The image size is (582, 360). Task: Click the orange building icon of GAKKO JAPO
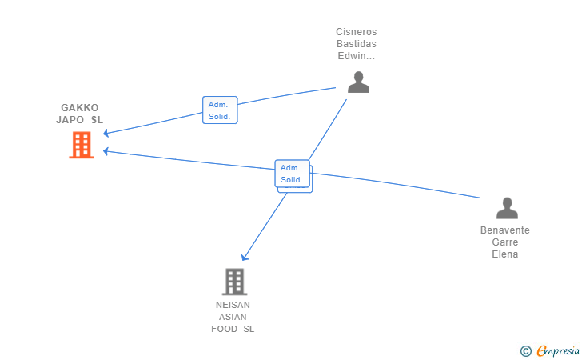(82, 145)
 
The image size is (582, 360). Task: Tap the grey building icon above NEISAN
(234, 282)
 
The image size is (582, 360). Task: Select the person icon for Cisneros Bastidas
(358, 82)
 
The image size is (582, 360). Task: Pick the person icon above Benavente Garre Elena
(507, 208)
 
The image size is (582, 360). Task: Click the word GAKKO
(80, 108)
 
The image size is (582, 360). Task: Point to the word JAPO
(70, 120)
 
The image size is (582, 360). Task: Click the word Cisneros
(357, 32)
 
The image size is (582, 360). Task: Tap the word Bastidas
(357, 44)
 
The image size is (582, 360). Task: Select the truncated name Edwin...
(357, 56)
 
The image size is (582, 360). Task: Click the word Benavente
(505, 230)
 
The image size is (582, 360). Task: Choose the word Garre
(505, 242)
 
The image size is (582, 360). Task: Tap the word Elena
(505, 254)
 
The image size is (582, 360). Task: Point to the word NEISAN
(233, 305)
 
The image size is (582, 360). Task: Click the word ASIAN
(233, 317)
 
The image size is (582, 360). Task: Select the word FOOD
(225, 329)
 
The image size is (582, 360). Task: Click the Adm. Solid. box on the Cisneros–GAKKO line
(220, 110)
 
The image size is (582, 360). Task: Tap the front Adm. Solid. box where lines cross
(292, 174)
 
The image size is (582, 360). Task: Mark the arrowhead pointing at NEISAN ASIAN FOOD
(245, 257)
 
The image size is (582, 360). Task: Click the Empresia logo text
(558, 350)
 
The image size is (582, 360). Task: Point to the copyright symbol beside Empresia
(526, 351)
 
